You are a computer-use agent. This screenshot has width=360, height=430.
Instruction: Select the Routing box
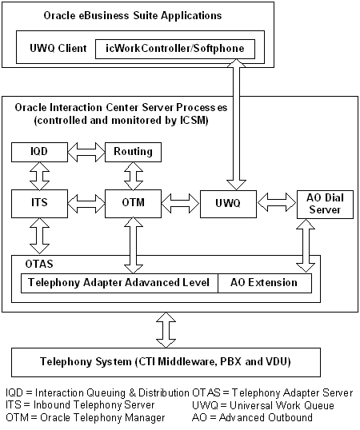pyautogui.click(x=128, y=151)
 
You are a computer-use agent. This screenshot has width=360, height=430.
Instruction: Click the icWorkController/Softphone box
pyautogui.click(x=175, y=49)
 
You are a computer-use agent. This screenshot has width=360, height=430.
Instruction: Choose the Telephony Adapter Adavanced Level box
pyautogui.click(x=119, y=283)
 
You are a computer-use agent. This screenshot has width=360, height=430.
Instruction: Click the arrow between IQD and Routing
pyautogui.click(x=81, y=151)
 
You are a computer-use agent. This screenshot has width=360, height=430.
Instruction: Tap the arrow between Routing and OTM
pyautogui.click(x=128, y=176)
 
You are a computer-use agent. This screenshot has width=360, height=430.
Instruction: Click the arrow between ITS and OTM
pyautogui.click(x=81, y=204)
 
